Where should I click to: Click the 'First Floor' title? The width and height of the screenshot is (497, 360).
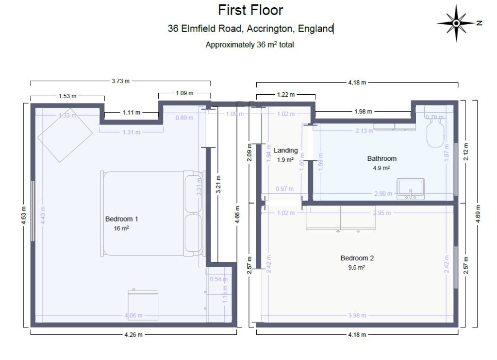pyautogui.click(x=250, y=10)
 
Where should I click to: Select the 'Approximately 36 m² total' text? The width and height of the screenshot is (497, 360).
pyautogui.click(x=250, y=45)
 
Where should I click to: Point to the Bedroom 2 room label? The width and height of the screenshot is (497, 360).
pyautogui.click(x=357, y=258)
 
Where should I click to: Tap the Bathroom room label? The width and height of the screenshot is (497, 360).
pyautogui.click(x=381, y=158)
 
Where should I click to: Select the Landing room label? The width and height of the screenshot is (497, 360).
pyautogui.click(x=285, y=151)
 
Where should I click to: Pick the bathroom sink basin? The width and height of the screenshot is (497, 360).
pyautogui.click(x=411, y=189)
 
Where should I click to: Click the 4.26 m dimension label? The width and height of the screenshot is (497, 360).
pyautogui.click(x=133, y=335)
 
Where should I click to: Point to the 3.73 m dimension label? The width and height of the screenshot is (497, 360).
pyautogui.click(x=120, y=81)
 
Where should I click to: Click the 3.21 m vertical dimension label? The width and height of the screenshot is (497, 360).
pyautogui.click(x=218, y=184)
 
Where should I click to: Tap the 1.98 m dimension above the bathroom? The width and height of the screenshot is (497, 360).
pyautogui.click(x=363, y=112)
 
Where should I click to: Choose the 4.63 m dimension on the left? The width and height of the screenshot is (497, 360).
pyautogui.click(x=24, y=214)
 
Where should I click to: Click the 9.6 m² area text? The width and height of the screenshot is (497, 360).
pyautogui.click(x=357, y=267)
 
